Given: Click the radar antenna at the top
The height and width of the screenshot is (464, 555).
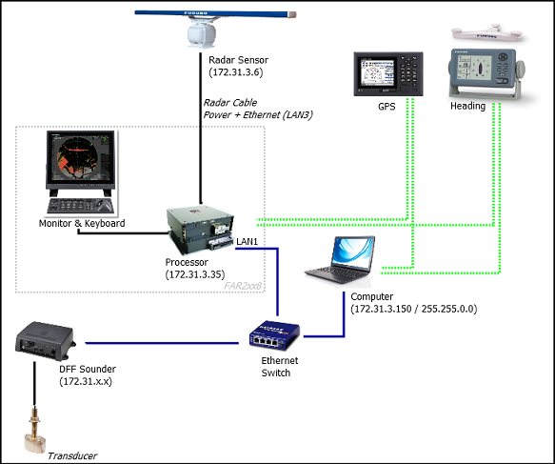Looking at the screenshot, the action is click(215, 29).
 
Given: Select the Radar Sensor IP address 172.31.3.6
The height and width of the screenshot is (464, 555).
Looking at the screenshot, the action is click(236, 72).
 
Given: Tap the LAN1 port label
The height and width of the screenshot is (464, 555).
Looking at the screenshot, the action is click(248, 242).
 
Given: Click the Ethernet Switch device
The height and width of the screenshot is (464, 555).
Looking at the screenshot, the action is click(275, 335).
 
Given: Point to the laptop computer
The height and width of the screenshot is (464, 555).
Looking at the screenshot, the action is click(340, 260).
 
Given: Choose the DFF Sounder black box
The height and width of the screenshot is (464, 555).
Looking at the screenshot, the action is click(46, 341).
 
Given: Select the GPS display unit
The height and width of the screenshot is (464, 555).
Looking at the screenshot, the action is click(388, 73).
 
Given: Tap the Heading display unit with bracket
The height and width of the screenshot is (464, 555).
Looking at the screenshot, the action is click(486, 73).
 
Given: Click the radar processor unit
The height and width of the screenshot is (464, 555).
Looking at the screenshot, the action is click(200, 231).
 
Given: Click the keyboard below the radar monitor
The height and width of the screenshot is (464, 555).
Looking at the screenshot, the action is click(81, 206).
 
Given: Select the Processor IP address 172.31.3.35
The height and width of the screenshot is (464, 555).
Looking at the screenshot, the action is click(195, 274).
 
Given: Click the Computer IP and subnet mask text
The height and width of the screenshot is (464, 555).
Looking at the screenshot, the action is click(414, 309).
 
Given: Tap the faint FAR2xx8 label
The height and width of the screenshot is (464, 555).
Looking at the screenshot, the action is click(243, 286).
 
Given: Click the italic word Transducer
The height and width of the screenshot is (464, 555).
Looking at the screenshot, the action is click(72, 455).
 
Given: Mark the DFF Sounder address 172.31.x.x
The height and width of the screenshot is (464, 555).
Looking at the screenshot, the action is click(86, 381).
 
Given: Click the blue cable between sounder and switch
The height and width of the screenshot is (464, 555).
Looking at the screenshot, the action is click(162, 343).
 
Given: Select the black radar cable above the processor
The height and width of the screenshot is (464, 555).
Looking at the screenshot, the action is click(201, 129).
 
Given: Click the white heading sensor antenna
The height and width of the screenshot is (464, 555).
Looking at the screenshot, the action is click(486, 33).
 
